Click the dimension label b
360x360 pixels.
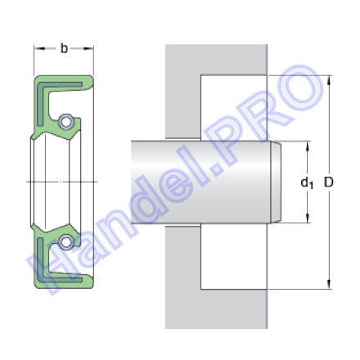64,48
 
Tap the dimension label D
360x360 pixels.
328,182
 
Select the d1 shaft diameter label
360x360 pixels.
307,182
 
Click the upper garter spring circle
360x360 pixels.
65,121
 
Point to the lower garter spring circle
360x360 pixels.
65,241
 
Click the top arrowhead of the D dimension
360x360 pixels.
329,79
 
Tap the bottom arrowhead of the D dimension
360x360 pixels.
329,285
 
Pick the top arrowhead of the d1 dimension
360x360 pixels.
308,146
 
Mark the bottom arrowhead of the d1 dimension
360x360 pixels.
308,218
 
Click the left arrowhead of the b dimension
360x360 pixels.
39,48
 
